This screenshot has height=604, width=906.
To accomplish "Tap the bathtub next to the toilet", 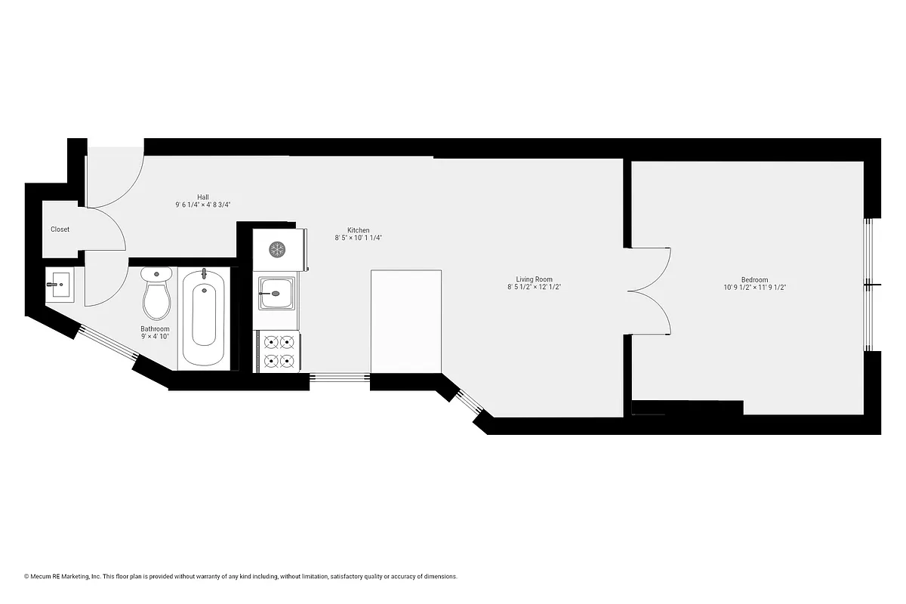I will tap(203, 317).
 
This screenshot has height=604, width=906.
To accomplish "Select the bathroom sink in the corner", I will tap(58, 285).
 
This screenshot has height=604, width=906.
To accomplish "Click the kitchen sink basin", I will tap(277, 292).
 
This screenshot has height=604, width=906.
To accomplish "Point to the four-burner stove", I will tap(277, 352).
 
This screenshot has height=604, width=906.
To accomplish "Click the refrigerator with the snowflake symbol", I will tap(277, 248).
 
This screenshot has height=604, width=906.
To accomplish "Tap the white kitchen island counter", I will tap(406, 321).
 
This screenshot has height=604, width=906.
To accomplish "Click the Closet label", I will tap(60, 230).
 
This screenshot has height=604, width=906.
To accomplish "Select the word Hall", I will tap(203, 197).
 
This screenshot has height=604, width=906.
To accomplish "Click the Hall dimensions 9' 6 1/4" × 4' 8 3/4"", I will tap(203, 205).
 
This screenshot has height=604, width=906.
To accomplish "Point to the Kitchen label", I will tap(358, 230).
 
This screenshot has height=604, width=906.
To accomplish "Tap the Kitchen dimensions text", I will tap(359, 238).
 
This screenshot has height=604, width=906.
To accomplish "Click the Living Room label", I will tap(534, 279).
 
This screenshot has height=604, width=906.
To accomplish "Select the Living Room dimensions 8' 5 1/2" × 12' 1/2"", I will tap(534, 287).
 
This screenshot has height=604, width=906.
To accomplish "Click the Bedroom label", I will tap(754, 279).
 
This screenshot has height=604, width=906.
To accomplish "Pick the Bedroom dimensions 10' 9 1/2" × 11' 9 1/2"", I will tap(754, 287).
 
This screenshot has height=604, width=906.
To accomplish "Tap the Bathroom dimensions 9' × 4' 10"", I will tap(155, 337).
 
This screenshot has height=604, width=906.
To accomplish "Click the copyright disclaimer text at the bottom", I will tap(241, 577).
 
